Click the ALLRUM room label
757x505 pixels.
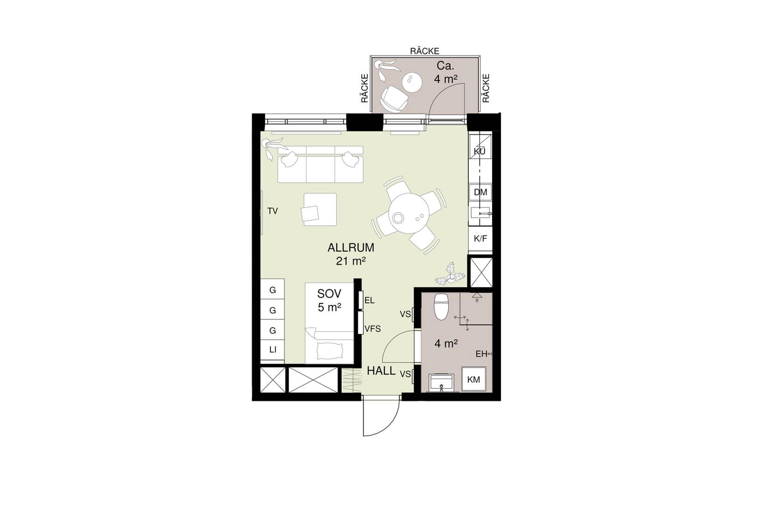tap(351, 248)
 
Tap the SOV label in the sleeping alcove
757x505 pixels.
tap(329, 293)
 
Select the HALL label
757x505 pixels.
tap(381, 371)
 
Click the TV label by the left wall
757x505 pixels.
tap(273, 211)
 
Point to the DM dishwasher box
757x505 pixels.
tap(480, 192)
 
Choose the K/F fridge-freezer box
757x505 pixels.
tap(480, 238)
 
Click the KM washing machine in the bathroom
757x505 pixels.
tap(473, 379)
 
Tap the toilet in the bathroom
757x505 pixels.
tap(441, 307)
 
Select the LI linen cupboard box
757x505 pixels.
tap(273, 350)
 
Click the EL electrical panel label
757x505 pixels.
tap(370, 300)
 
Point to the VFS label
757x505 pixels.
tap(372, 329)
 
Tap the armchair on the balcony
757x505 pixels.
tap(394, 99)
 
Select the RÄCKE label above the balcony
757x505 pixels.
tap(424, 51)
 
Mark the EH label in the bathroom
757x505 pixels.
tap(481, 354)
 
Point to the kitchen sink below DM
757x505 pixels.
tap(480, 213)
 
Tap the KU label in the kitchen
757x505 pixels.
tap(479, 152)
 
